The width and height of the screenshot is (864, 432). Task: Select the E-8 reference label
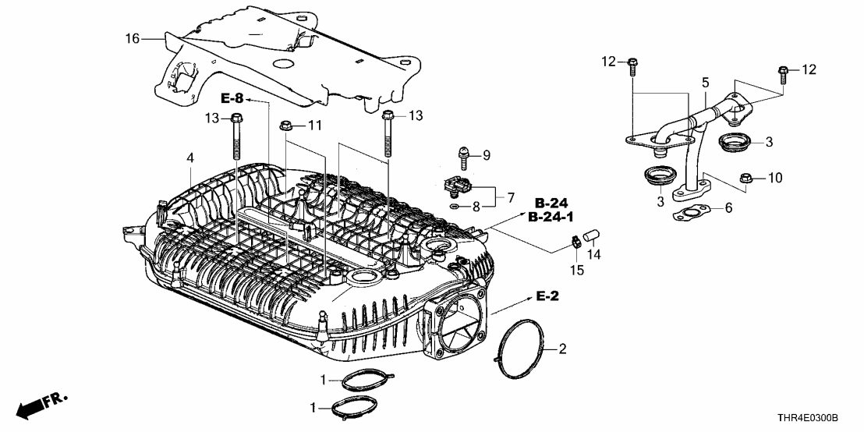click(x=232, y=98)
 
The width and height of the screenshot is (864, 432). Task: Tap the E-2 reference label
click(x=548, y=296)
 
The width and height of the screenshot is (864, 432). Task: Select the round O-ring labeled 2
click(x=526, y=349)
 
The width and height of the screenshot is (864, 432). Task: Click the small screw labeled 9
click(x=462, y=157)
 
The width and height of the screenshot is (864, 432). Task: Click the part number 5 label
click(x=705, y=82)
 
